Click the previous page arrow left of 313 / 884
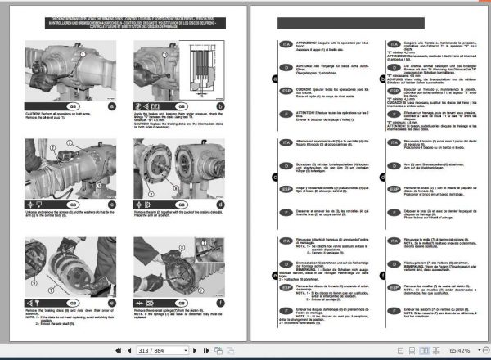pyautogui.click(x=120, y=349)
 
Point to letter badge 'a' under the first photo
pyautogui.click(x=113, y=105)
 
